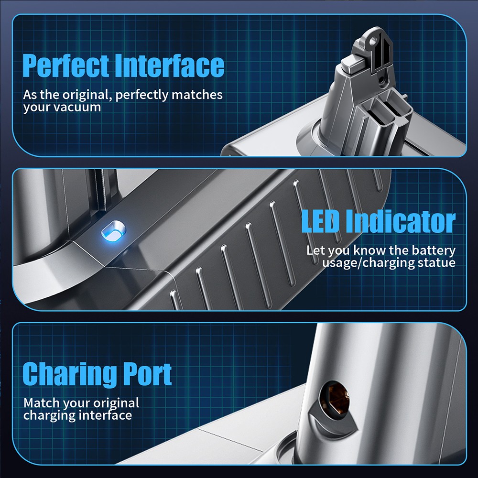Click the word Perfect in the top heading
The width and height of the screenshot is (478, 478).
coord(65,66)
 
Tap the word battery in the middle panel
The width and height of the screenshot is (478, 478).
coord(434,251)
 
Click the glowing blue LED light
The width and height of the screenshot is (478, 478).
coord(113,231)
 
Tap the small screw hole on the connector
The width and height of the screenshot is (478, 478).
coord(381,80)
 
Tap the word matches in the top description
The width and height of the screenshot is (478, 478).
coord(197,95)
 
